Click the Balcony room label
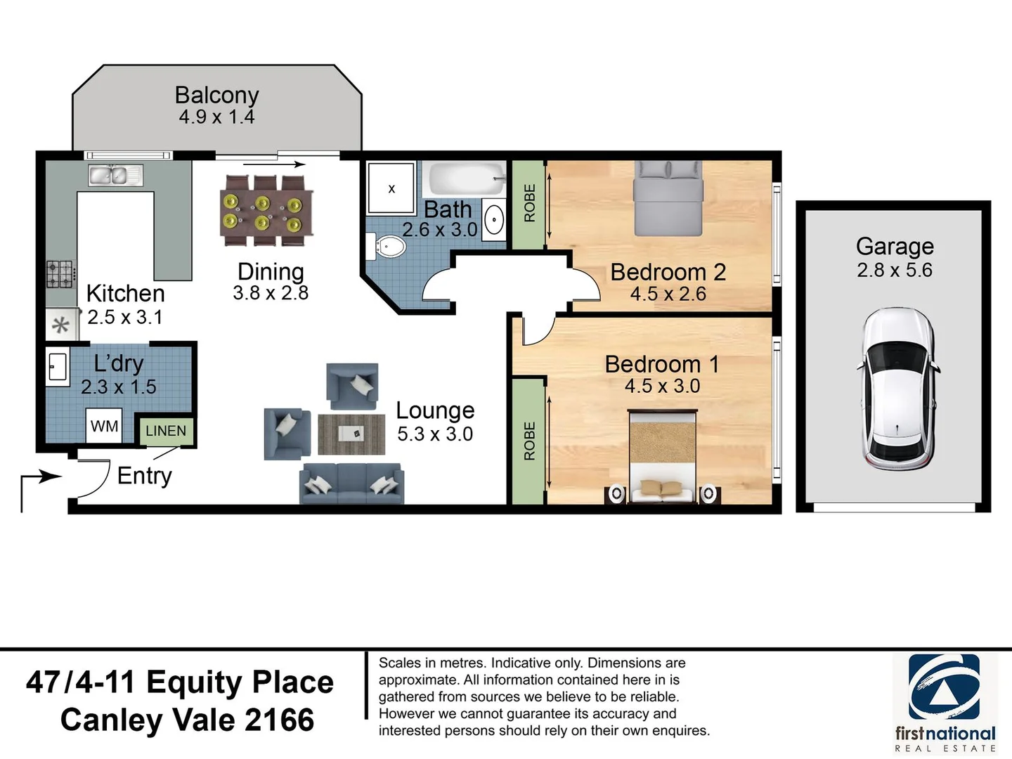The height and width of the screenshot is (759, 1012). pyautogui.click(x=216, y=96)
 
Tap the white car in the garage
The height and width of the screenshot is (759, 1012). pyautogui.click(x=898, y=388)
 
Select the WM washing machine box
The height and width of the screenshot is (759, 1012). pyautogui.click(x=104, y=426)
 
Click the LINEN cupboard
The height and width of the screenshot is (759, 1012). pyautogui.click(x=166, y=431)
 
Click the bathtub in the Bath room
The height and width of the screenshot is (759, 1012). pyautogui.click(x=467, y=180)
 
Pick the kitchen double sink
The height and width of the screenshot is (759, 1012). pyautogui.click(x=115, y=175)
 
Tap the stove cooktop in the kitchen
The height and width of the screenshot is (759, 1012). pyautogui.click(x=61, y=275)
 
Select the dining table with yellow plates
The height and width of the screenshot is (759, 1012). pyautogui.click(x=266, y=211)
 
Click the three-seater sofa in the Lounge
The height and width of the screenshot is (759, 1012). pyautogui.click(x=352, y=484)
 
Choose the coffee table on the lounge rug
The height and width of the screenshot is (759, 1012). pyautogui.click(x=351, y=434)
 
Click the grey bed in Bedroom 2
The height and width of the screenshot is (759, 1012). pyautogui.click(x=668, y=198)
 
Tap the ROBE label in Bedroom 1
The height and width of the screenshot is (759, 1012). pyautogui.click(x=529, y=441)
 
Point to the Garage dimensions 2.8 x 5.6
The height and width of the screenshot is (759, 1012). pyautogui.click(x=895, y=270)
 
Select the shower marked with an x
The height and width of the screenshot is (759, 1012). pyautogui.click(x=391, y=188)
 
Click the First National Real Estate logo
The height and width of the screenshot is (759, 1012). pyautogui.click(x=945, y=703)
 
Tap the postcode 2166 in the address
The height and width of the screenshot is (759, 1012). pyautogui.click(x=280, y=720)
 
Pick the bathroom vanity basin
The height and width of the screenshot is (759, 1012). pyautogui.click(x=494, y=220)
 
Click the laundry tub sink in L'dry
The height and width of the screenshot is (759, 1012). pyautogui.click(x=58, y=367)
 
